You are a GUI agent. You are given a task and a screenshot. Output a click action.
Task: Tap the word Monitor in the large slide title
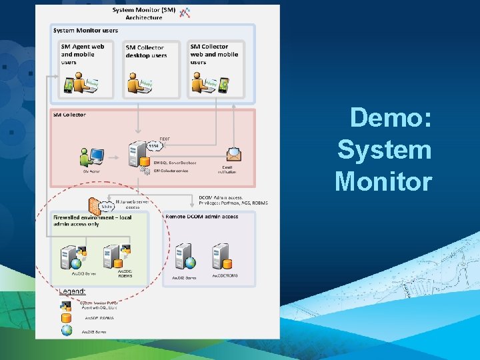pos(383,181)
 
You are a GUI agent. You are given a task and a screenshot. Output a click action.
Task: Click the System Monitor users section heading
pos(85,31)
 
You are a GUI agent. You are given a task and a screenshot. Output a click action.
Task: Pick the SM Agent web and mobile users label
pos(83,55)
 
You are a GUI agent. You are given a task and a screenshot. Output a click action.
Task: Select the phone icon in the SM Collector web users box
pos(224,85)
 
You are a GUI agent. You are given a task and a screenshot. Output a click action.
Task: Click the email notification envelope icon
pos(234,155)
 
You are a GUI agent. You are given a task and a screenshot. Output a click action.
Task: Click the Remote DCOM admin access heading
pos(202,217)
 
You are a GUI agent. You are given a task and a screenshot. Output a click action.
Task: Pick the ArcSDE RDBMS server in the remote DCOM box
pos(221,255)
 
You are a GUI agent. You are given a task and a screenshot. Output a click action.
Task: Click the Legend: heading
pos(72,292)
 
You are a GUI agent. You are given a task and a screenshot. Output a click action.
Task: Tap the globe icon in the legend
pos(67,330)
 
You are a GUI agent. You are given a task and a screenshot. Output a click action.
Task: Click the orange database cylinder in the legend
pos(67,318)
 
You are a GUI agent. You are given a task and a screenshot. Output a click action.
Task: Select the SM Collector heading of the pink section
pos(69,115)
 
